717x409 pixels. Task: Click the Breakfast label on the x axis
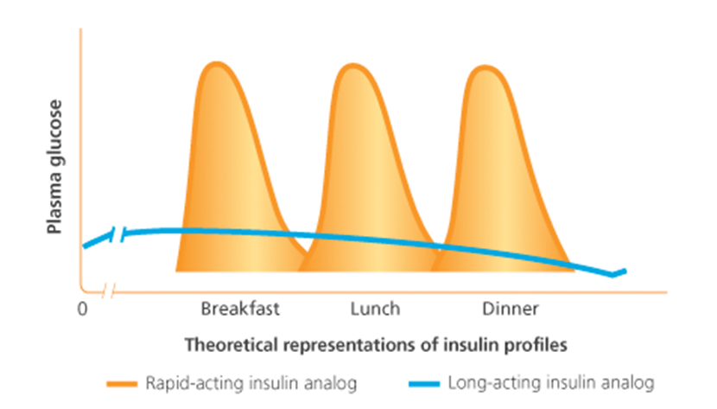(240, 309)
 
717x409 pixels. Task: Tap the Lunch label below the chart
(375, 309)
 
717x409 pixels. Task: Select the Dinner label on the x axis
(511, 309)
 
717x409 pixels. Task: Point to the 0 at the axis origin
(82, 309)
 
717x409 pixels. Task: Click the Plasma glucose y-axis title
(54, 167)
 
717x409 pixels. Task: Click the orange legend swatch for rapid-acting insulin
(122, 384)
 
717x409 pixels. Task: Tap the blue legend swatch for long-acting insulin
(424, 384)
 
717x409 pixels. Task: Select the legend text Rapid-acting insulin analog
(251, 383)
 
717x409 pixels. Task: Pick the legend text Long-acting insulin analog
(551, 383)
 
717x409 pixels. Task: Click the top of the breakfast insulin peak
(217, 62)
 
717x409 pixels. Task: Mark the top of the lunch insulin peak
(352, 65)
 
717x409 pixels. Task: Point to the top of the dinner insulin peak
(485, 67)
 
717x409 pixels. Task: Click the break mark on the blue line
(118, 234)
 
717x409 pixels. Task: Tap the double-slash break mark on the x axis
(108, 291)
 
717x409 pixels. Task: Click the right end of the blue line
(625, 272)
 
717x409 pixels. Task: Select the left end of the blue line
(84, 246)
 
